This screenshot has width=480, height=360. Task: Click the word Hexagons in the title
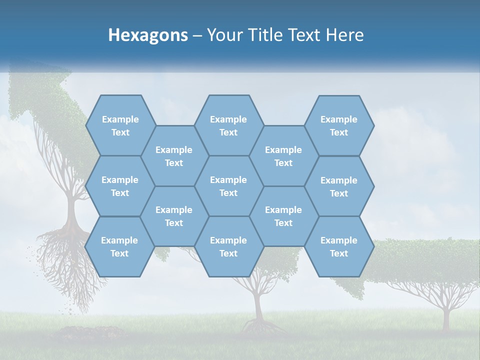148,35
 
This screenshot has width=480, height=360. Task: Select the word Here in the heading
344,35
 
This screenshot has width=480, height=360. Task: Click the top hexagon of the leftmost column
120,125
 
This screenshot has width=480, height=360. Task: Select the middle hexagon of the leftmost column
120,186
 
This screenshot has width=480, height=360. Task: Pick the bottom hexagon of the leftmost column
119,246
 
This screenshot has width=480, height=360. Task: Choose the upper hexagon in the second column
174,156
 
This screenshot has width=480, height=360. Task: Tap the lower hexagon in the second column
174,216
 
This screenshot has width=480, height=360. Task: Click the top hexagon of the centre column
228,125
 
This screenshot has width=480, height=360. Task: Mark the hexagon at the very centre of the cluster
228,186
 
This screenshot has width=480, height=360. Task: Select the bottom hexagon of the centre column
228,246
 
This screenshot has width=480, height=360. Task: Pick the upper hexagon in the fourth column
283,156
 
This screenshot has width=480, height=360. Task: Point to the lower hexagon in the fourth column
283,216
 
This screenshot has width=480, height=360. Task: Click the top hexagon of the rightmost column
339,125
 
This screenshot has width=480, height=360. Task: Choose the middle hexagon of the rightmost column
339,186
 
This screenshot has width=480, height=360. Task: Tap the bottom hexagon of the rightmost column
339,246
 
